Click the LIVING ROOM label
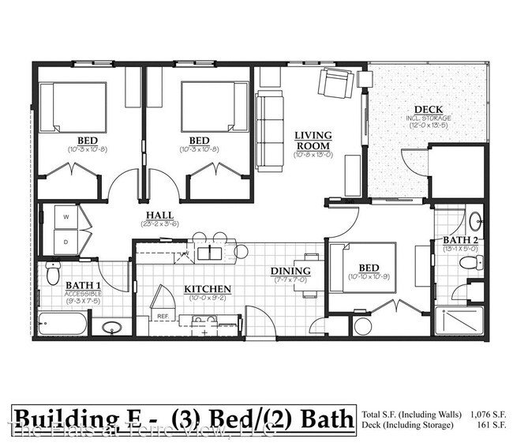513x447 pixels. point(313,140)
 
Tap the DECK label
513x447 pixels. point(428,110)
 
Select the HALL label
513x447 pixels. point(159,215)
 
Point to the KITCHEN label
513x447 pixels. point(208,289)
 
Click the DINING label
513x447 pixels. point(291,271)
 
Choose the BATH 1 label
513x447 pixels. point(83,285)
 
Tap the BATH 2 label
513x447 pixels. point(458,240)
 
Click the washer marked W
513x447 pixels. point(66,216)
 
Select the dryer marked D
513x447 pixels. point(66,242)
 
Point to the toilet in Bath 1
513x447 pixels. point(53,272)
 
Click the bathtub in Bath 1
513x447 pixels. point(62,324)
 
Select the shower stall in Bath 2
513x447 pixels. point(458,320)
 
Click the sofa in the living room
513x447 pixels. point(269,130)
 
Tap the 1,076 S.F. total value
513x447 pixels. point(488,413)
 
